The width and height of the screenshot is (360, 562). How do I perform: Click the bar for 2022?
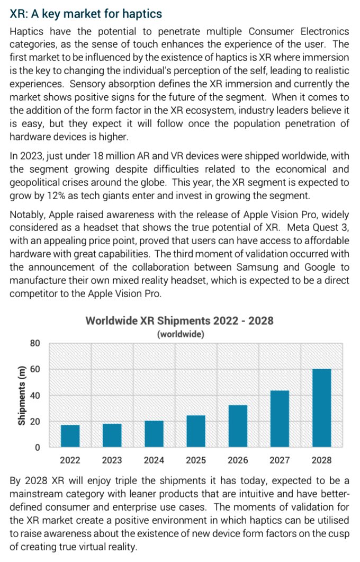pos(70,436)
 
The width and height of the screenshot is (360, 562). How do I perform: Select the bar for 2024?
pos(154,434)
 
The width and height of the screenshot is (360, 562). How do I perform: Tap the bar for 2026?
pos(238,426)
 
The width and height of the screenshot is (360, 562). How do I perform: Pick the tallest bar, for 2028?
pos(322,408)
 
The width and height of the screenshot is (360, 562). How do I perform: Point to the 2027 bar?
pos(280,418)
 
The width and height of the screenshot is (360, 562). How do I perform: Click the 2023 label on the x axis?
pos(112,460)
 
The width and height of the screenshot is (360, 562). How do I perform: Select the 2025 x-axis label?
pos(196,460)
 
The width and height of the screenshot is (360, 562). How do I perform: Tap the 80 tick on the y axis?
pos(35,343)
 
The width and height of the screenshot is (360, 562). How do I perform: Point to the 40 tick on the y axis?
pos(35,395)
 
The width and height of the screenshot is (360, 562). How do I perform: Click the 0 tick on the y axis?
pos(37,447)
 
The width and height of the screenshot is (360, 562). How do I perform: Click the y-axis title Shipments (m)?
pos(22,395)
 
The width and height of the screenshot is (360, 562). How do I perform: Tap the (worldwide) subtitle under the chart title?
pos(181,334)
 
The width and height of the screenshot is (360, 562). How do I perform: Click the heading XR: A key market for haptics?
pos(86,14)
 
